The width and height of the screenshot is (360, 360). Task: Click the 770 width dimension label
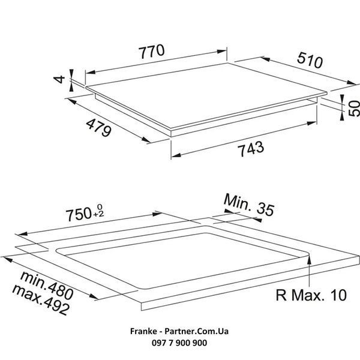pos(152,51)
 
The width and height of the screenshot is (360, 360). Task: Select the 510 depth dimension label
pos(310,60)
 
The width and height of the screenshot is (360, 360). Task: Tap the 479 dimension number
pos(99,128)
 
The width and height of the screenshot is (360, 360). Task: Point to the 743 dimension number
pos(251,149)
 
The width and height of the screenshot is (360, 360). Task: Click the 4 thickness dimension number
pos(59,79)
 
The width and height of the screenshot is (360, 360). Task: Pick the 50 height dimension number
pos(354,108)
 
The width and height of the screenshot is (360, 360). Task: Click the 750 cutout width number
pos(79,214)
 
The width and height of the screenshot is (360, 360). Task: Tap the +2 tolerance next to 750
pos(98,214)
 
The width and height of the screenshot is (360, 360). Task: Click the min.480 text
pos(47,286)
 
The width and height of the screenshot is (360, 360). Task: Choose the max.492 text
pos(41,299)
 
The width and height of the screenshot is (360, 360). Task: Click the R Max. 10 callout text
pos(311,295)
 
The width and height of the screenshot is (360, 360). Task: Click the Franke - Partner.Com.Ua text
pos(179,331)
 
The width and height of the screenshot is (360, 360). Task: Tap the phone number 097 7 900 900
pos(179,343)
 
